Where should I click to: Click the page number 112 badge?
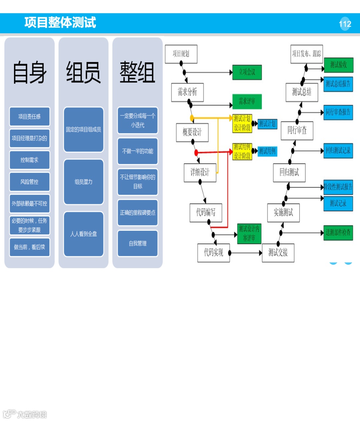[x=345, y=24]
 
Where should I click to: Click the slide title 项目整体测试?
[x=60, y=23]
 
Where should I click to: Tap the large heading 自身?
[x=29, y=72]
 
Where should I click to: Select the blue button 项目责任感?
[x=29, y=116]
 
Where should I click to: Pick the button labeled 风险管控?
[x=29, y=182]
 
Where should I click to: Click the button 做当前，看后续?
[x=29, y=247]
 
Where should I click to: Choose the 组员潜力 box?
[x=83, y=182]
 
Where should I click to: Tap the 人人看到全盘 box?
[x=83, y=234]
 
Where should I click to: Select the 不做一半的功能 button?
[x=137, y=151]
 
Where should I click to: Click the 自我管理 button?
[x=137, y=243]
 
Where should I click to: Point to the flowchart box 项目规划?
[x=181, y=54]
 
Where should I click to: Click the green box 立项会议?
[x=247, y=72]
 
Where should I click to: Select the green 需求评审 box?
[x=247, y=101]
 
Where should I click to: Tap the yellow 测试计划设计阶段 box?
[x=242, y=123]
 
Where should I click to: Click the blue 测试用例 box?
[x=267, y=151]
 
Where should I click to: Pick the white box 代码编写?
[x=206, y=212]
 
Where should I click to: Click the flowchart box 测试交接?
[x=278, y=253]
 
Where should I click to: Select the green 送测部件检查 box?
[x=338, y=232]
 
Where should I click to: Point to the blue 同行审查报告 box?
[x=338, y=112]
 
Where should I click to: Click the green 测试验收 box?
[x=338, y=65]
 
